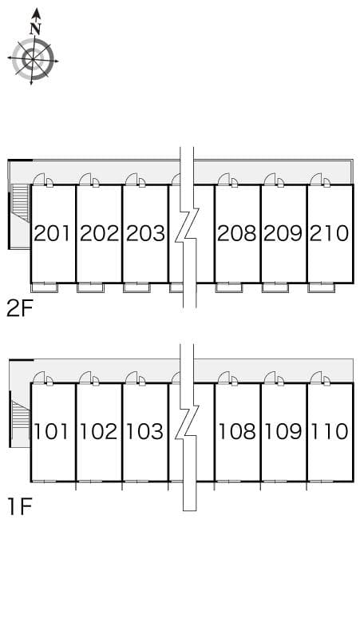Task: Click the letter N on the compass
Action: [x=36, y=29]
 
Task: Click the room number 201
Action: [x=52, y=233]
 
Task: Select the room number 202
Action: [x=99, y=233]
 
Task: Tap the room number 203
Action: [x=145, y=233]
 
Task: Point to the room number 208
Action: [x=237, y=233]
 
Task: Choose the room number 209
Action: [x=283, y=233]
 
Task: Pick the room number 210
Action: [x=330, y=233]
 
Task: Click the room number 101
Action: [x=52, y=432]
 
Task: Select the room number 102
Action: [x=99, y=432]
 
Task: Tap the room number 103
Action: [x=145, y=432]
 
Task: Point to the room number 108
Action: [x=237, y=432]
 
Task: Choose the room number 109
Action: [x=283, y=432]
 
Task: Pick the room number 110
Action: [x=330, y=432]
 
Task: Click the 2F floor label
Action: [x=19, y=309]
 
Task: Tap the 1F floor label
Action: [x=19, y=507]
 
